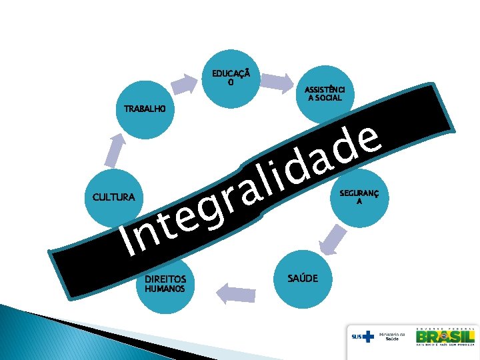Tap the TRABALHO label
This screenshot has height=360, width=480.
point(143,109)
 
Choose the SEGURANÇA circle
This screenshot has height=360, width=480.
point(359,197)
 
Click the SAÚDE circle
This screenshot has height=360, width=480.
point(303,277)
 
